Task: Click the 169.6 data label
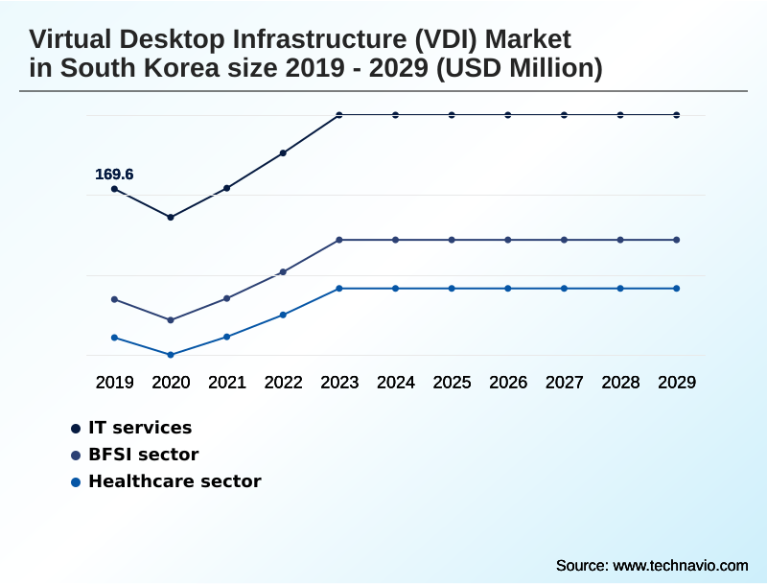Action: (x=114, y=175)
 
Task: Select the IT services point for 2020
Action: (x=171, y=218)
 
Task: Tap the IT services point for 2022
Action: (x=284, y=152)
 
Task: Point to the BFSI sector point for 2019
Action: (x=114, y=299)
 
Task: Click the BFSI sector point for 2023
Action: (x=339, y=240)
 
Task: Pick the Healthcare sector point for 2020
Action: (x=171, y=355)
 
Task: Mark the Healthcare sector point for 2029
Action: (x=677, y=289)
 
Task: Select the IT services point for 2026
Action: (x=508, y=115)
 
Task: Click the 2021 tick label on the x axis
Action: (x=227, y=383)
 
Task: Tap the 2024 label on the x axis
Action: (x=396, y=383)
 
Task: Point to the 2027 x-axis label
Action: (x=565, y=383)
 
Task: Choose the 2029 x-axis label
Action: (x=677, y=383)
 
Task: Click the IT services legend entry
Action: (x=140, y=428)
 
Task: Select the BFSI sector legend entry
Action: (x=143, y=455)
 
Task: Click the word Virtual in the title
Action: (x=73, y=39)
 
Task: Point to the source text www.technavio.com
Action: (x=680, y=565)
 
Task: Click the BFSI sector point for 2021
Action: (x=227, y=298)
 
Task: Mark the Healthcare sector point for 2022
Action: (x=284, y=315)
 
